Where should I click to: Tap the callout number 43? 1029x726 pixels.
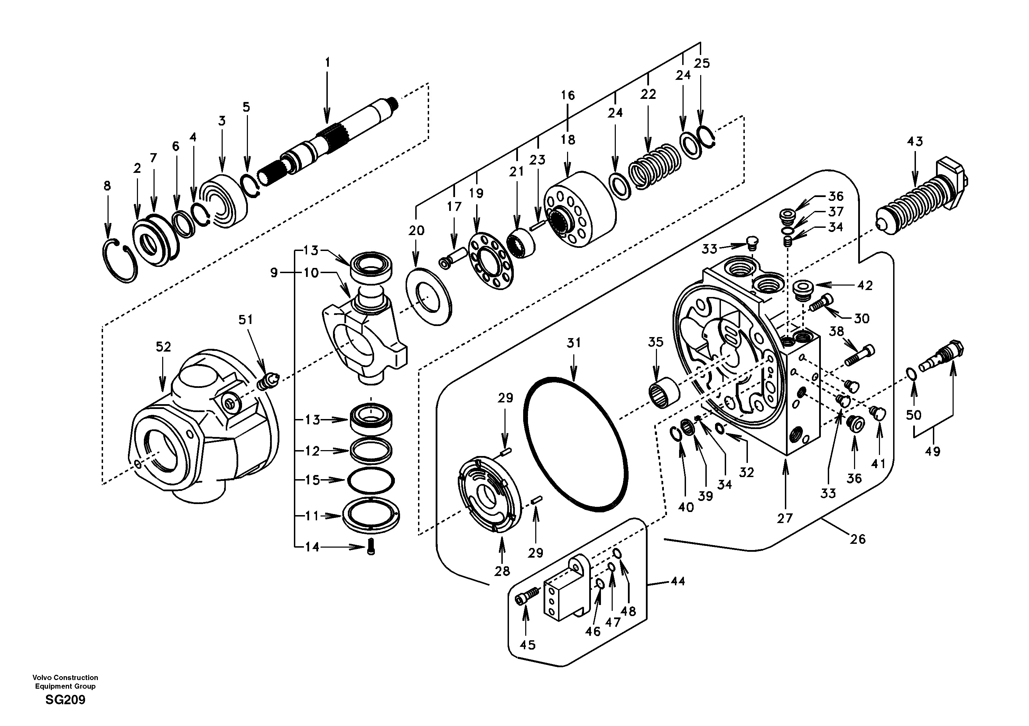915,142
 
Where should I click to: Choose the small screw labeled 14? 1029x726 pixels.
370,548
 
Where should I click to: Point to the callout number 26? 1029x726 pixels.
857,539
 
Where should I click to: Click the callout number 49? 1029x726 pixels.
932,451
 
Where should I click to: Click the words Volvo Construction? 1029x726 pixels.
65,678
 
